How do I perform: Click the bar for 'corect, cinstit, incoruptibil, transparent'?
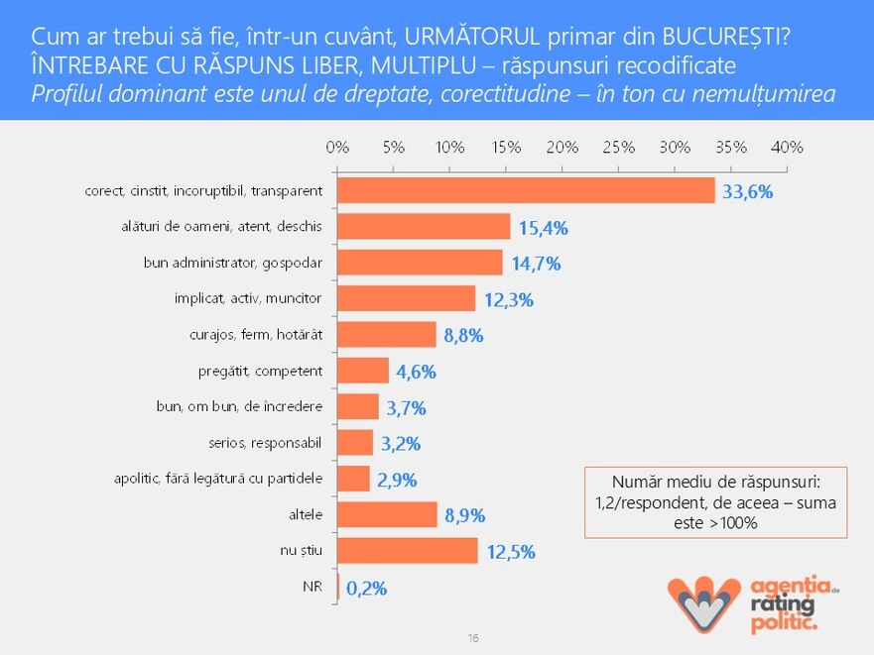526,190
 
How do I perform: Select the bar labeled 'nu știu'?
408,551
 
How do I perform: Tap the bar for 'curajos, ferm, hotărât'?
387,335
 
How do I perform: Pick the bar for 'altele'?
388,515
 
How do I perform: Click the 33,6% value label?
747,192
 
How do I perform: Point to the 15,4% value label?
542,228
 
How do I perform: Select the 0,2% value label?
366,588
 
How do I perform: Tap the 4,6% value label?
416,372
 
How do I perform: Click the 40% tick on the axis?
787,147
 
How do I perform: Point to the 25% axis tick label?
618,147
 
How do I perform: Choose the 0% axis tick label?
338,147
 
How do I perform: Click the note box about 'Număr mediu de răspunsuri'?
715,502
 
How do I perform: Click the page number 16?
472,638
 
